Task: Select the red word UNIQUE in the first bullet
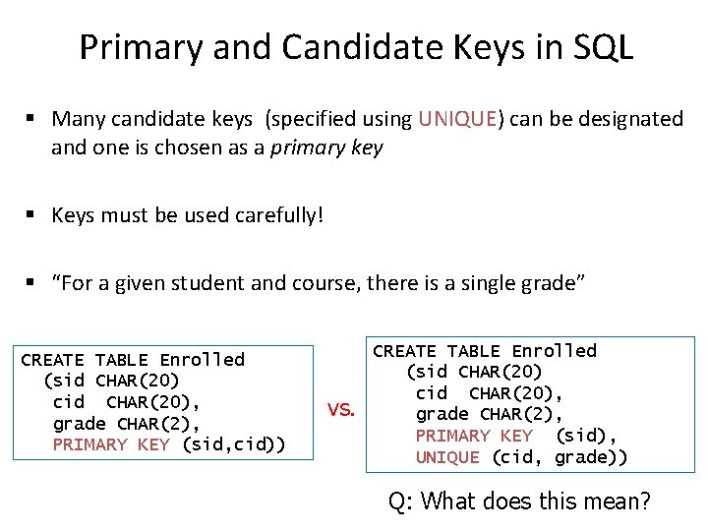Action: (x=457, y=119)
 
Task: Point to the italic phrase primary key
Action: (x=326, y=148)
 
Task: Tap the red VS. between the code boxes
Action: (x=340, y=409)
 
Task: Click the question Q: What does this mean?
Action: (x=519, y=501)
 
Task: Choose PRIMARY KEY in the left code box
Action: (x=110, y=444)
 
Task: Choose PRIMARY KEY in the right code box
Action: (x=473, y=436)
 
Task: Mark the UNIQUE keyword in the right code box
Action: (x=447, y=457)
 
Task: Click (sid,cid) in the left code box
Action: (x=233, y=444)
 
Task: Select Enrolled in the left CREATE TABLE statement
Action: (x=202, y=360)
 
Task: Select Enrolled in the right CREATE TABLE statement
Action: (x=554, y=351)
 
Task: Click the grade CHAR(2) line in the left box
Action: (x=126, y=424)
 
